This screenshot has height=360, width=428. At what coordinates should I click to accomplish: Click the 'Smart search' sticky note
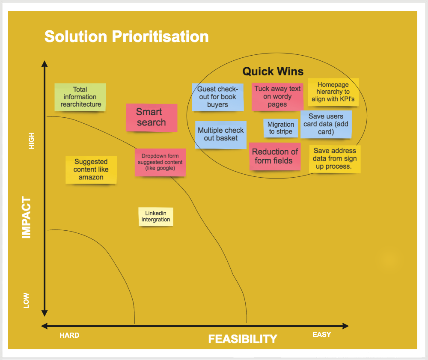152,118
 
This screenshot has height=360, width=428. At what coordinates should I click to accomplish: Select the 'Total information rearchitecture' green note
80,97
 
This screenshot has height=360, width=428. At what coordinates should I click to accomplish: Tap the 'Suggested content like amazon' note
91,170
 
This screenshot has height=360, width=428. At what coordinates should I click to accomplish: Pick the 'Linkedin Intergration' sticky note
156,217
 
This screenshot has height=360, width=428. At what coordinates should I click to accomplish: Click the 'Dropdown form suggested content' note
160,162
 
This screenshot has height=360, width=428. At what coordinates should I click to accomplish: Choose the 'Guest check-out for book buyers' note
217,97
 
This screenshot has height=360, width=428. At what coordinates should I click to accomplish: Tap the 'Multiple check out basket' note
221,135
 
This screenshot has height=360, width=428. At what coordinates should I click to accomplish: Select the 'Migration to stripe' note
281,128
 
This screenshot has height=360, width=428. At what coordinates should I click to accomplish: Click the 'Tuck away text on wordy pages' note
277,97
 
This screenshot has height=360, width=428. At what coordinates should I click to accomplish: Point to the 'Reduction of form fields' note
275,156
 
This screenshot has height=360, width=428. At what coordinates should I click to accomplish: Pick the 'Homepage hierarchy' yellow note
333,92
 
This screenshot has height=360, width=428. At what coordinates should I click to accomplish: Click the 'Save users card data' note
326,125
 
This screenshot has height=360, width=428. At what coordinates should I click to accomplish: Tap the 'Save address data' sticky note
335,159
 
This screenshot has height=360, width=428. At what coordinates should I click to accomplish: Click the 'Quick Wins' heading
273,71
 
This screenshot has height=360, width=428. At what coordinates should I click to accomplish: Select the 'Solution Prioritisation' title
127,36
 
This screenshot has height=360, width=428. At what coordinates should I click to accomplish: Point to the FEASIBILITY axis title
243,339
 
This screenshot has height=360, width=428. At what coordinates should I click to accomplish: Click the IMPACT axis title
27,217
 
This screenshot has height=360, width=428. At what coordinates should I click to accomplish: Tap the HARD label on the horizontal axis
69,335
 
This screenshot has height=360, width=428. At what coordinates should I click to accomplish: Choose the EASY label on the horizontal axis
321,334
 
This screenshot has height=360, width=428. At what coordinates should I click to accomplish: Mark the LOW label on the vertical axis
26,300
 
